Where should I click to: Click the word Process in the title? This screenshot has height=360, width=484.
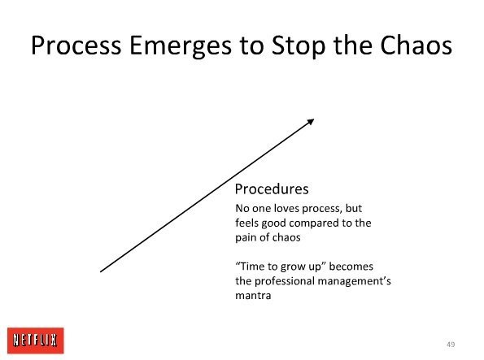[x=76, y=46]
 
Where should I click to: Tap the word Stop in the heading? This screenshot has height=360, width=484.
[x=299, y=47]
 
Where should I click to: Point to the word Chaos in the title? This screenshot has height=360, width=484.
[x=416, y=46]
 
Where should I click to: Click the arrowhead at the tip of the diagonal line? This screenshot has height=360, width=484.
[x=311, y=122]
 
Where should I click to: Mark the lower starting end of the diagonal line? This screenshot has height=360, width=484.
[x=101, y=271]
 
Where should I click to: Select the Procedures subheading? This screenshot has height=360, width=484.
[x=272, y=189]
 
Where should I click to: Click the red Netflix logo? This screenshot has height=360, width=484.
[x=36, y=340]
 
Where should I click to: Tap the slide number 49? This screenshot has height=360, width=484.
[x=451, y=345]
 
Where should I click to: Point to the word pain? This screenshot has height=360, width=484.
[x=246, y=238]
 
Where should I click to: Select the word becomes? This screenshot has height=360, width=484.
[x=351, y=267]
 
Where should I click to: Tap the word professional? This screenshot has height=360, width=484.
[x=285, y=281]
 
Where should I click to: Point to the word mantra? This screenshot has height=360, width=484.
[x=253, y=296]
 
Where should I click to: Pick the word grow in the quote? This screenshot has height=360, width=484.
[x=290, y=267]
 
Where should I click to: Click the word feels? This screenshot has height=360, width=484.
[x=247, y=223]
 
